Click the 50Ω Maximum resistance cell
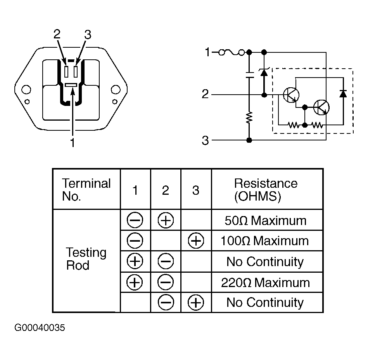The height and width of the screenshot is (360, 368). [266, 220]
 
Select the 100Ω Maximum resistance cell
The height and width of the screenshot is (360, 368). [264, 241]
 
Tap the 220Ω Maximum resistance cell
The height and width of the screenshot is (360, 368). [266, 282]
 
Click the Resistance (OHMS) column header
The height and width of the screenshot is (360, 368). [266, 190]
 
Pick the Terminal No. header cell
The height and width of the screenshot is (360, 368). [86, 190]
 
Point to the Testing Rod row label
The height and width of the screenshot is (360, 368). [86, 259]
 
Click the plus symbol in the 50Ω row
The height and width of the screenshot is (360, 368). [166, 220]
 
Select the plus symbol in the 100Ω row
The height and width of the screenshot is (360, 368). [196, 241]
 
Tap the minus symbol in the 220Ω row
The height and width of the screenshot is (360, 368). [166, 282]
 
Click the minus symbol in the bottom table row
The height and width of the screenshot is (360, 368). [166, 303]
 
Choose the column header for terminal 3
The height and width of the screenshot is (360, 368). [196, 190]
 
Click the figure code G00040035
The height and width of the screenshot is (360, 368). [40, 327]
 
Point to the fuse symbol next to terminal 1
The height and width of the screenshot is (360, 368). [232, 52]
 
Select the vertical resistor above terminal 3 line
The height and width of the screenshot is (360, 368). [249, 118]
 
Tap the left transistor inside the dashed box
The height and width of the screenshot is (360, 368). [291, 95]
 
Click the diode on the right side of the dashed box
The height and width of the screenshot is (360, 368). [343, 93]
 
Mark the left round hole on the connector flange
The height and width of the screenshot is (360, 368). [26, 90]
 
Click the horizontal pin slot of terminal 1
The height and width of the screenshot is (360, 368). [71, 85]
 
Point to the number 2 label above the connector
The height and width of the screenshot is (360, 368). [57, 34]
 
